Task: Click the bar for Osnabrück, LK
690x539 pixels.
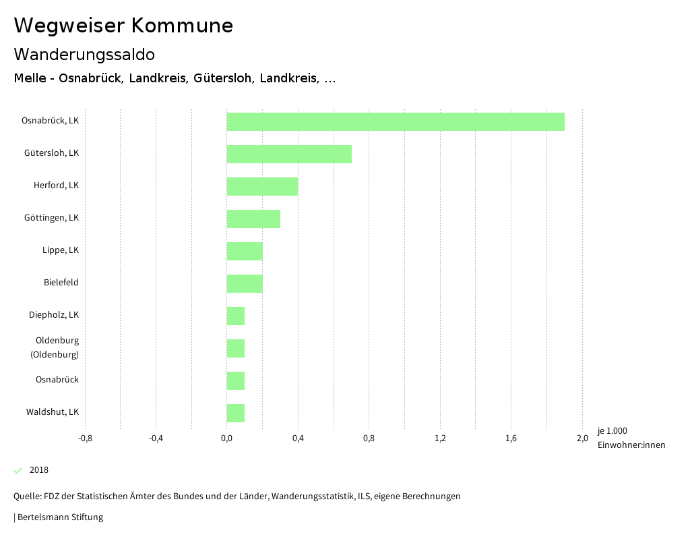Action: click(x=396, y=121)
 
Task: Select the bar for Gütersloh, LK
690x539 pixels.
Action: click(x=289, y=154)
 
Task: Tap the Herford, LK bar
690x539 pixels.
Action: click(x=262, y=186)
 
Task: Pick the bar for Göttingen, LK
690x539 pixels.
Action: click(x=253, y=219)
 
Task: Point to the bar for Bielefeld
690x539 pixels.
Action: click(x=245, y=283)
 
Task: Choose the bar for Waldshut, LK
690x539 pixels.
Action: click(x=236, y=413)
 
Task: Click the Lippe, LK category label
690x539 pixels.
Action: click(x=61, y=250)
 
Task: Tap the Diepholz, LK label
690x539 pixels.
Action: click(x=54, y=315)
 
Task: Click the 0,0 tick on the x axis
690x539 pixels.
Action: click(x=227, y=438)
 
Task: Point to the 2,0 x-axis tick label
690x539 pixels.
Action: click(x=582, y=438)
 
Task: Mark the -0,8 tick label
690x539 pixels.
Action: click(x=85, y=438)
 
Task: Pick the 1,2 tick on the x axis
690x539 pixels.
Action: click(x=440, y=438)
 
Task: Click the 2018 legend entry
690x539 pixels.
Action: click(x=39, y=470)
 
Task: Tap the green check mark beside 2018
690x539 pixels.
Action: click(x=18, y=470)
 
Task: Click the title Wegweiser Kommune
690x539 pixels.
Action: click(x=123, y=26)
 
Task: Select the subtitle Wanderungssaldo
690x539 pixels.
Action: click(x=84, y=54)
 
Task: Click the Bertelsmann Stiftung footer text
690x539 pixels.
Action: click(x=60, y=517)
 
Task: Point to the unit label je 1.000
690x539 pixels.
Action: click(x=612, y=431)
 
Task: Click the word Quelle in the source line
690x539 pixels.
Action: click(x=27, y=497)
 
